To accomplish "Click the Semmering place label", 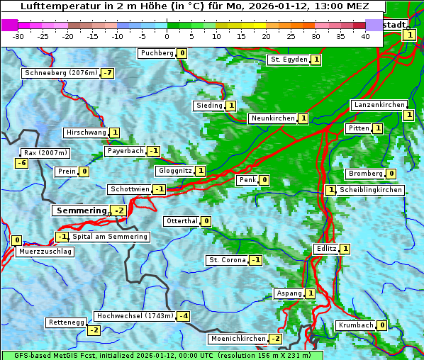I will [x=80, y=210].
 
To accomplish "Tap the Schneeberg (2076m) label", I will [x=60, y=73].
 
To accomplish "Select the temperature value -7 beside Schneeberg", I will [x=108, y=73].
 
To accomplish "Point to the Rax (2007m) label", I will [x=45, y=152].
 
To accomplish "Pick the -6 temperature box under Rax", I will [x=22, y=163].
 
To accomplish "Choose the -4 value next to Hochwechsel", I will [x=184, y=315].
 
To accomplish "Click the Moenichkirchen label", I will [x=238, y=339].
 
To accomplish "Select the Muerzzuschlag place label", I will [x=45, y=251].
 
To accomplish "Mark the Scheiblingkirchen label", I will [x=371, y=190].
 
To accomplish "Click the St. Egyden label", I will [x=288, y=60].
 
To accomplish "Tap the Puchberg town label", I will [x=157, y=53].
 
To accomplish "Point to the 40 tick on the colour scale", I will [x=365, y=37].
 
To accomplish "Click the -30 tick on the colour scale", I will [x=18, y=37].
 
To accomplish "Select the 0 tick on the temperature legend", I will [x=167, y=37].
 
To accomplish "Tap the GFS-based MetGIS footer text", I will [x=162, y=355].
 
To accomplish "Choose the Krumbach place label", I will [x=355, y=325].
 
